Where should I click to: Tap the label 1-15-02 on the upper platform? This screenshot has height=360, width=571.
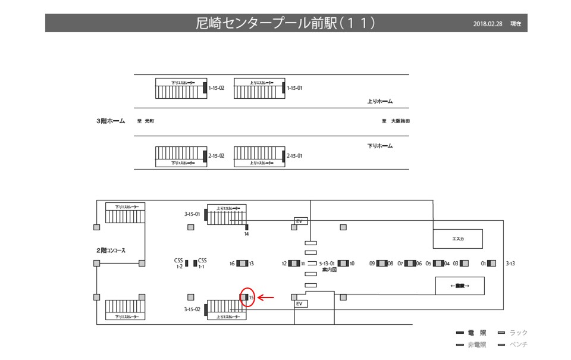(216, 88)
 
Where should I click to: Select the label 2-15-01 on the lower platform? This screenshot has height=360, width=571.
(295, 156)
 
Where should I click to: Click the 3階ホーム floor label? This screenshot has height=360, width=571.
(111, 121)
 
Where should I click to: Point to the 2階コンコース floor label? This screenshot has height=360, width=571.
(111, 251)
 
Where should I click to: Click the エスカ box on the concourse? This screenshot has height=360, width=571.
(457, 239)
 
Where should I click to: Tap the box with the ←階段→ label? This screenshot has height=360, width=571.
(460, 286)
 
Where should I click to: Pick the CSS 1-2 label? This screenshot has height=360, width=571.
(178, 264)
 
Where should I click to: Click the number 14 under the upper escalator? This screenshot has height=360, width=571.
(246, 234)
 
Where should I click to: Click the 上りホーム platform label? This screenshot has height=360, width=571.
(380, 102)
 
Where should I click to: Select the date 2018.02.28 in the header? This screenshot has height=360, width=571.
(488, 24)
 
